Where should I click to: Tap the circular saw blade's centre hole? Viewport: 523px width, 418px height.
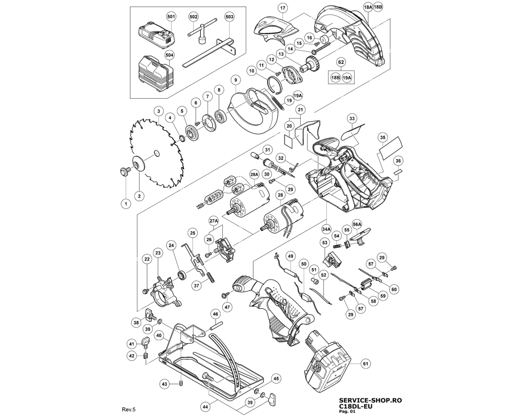click(156, 153)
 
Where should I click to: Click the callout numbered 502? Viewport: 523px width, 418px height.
click(194, 17)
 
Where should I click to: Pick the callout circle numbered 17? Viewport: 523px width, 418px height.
click(282, 8)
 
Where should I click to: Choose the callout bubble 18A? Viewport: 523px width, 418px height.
click(368, 7)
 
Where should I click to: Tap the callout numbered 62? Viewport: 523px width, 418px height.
click(341, 62)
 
